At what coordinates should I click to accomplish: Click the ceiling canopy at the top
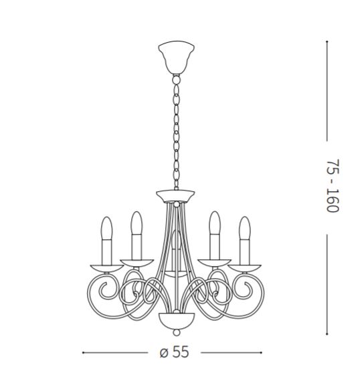tap(176, 57)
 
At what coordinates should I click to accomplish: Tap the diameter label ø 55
tap(174, 352)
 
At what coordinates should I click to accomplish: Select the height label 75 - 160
tap(333, 186)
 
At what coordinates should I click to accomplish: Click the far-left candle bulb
tap(106, 228)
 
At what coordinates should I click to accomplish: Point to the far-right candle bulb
tap(245, 228)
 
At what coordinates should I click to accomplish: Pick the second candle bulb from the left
tap(137, 223)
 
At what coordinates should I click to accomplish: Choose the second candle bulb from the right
tap(215, 223)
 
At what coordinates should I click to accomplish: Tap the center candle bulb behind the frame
tap(176, 239)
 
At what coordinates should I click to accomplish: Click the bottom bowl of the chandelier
tap(176, 321)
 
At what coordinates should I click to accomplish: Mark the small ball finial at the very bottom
tap(176, 333)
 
